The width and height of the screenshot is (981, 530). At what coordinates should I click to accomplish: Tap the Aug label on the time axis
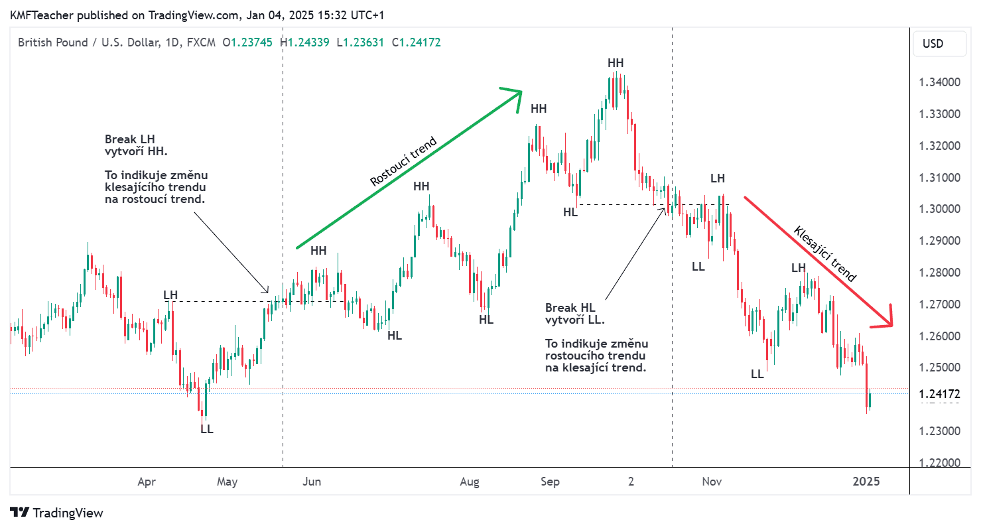[x=469, y=482]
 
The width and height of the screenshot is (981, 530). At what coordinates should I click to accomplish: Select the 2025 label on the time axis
[x=866, y=482]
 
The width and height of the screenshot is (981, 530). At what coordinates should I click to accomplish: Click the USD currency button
[x=933, y=44]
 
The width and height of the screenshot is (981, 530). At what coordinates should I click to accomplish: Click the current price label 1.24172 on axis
[x=940, y=394]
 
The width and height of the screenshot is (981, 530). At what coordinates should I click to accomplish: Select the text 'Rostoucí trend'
[x=403, y=161]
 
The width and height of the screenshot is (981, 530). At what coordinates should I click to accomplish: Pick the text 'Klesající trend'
[x=825, y=253]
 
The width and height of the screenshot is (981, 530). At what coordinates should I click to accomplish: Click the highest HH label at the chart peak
[x=616, y=63]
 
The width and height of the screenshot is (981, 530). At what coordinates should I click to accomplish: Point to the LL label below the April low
[x=207, y=429]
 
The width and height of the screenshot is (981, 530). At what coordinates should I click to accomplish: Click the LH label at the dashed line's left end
[x=170, y=295]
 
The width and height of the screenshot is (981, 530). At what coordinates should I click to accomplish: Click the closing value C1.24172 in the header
[x=416, y=42]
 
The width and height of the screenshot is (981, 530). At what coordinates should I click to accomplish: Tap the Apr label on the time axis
[x=147, y=482]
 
